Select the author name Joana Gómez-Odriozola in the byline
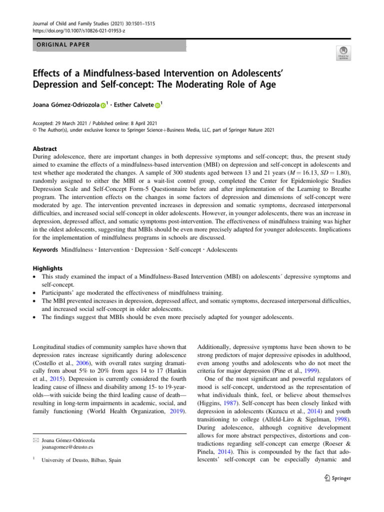pos(64,105)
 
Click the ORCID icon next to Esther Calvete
pos(158,105)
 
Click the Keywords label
pos(44,249)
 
